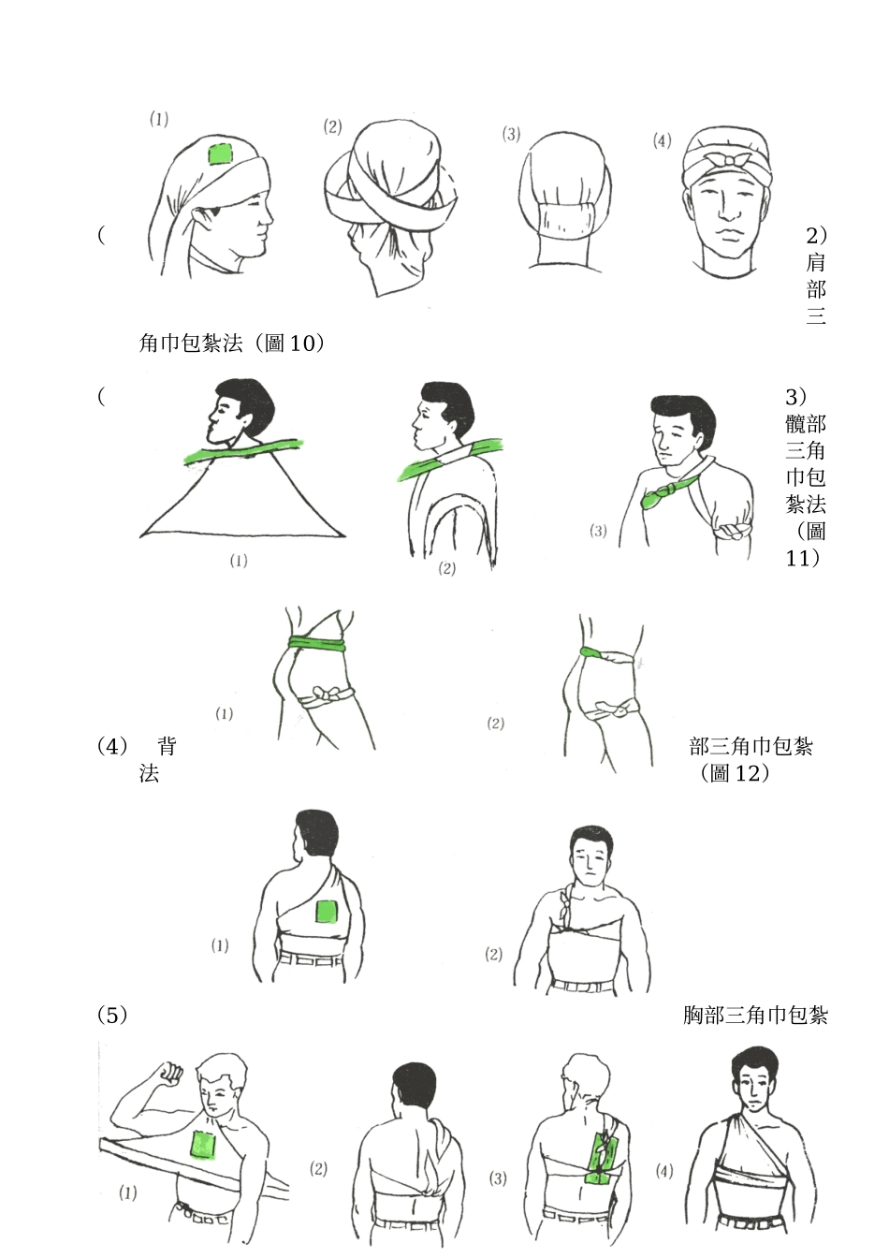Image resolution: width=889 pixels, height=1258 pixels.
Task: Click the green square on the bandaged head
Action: coord(220,154)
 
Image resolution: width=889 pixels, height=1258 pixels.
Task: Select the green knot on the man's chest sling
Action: coord(666,494)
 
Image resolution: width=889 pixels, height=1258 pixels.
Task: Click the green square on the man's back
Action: coord(327,911)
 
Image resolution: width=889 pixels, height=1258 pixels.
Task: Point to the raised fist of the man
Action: coord(169,1074)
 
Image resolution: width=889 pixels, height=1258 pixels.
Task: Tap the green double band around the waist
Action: coord(317,643)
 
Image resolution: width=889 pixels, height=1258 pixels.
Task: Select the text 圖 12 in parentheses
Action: coord(735,773)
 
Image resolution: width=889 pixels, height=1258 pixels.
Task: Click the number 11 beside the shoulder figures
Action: coord(798,558)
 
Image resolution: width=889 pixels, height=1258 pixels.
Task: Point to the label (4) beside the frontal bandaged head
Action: coord(663,140)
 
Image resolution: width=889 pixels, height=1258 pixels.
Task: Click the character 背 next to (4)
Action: coord(167,746)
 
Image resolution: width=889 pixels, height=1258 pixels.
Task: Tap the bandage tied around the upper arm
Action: coord(733,531)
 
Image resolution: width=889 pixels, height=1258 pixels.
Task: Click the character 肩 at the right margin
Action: coord(816,263)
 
